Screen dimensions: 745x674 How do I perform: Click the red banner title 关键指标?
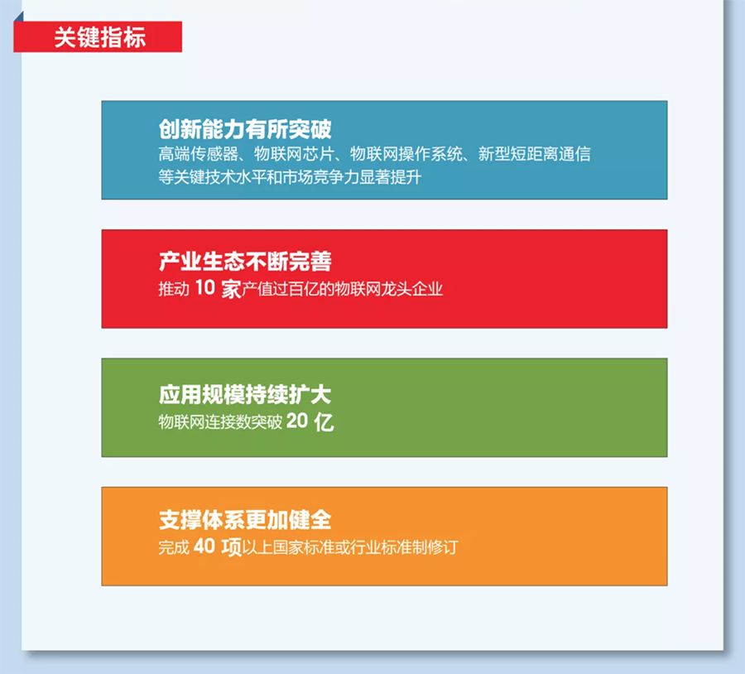point(100,37)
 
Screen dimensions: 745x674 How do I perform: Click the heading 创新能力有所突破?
point(245,129)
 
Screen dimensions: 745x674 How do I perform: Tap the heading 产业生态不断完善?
point(245,261)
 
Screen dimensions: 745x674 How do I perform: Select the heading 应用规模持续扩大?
point(245,394)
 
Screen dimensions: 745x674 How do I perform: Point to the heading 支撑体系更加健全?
point(245,519)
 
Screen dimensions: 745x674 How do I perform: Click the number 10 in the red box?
point(205,287)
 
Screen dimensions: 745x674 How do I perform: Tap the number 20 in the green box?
point(297,421)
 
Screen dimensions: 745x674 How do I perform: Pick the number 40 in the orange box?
point(204,546)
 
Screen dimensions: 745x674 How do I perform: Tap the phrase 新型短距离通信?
point(535,153)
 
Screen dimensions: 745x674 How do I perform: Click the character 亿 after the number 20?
point(324,421)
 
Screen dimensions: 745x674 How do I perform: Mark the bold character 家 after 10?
point(232,288)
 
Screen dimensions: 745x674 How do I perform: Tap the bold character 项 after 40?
point(232,547)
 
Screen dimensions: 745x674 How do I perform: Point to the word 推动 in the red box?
point(174,288)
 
